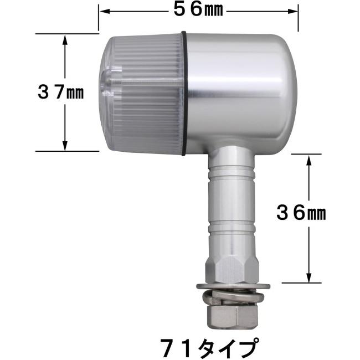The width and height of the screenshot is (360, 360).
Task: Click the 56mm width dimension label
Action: click(x=198, y=10)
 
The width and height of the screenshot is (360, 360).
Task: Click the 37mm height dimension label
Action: click(x=60, y=92)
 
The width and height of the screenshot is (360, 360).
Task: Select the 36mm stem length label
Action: click(x=301, y=213)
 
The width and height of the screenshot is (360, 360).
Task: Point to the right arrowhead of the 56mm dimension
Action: click(x=293, y=12)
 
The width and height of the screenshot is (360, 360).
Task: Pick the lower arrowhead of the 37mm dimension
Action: click(x=65, y=145)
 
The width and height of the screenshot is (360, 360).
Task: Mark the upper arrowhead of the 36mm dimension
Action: click(x=309, y=160)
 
